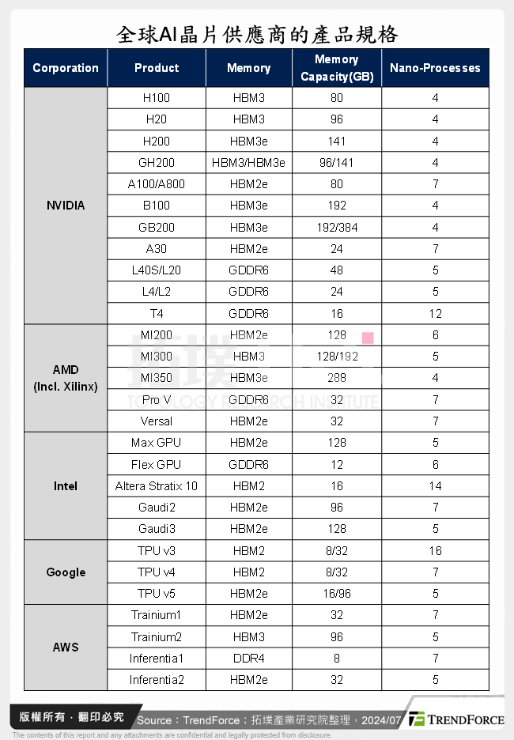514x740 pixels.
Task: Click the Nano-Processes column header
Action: click(435, 68)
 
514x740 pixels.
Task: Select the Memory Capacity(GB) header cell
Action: click(337, 68)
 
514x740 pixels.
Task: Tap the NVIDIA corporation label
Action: click(66, 206)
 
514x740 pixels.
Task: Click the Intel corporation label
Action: click(66, 486)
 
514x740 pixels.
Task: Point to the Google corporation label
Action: click(66, 572)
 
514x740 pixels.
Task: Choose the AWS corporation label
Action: click(66, 647)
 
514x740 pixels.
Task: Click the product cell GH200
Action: click(156, 163)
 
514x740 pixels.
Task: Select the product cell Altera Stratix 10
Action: click(157, 486)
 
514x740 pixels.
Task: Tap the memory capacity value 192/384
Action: click(337, 228)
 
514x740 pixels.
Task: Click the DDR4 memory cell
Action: click(248, 659)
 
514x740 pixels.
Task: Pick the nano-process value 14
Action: click(435, 486)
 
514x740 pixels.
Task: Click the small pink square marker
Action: click(368, 338)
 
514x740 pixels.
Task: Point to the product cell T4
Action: click(156, 314)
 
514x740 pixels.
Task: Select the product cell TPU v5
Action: click(156, 594)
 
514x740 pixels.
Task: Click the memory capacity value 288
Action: click(337, 378)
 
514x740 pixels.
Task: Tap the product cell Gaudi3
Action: click(156, 529)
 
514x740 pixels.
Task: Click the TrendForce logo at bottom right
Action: click(456, 719)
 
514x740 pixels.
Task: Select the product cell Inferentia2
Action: click(156, 680)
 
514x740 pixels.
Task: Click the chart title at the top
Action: click(257, 35)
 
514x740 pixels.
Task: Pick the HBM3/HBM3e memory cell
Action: click(248, 163)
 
